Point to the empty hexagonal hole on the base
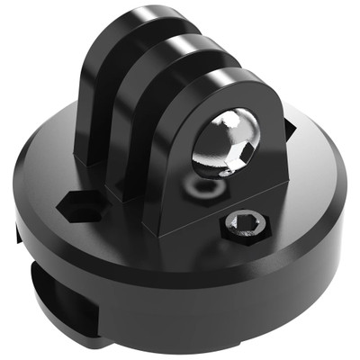[79, 206]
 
